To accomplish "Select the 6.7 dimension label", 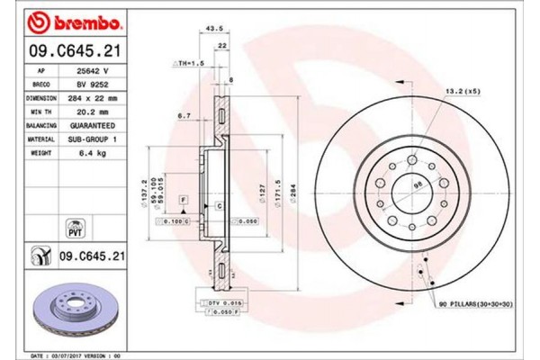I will (185, 115).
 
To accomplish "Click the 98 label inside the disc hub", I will (418, 185).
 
